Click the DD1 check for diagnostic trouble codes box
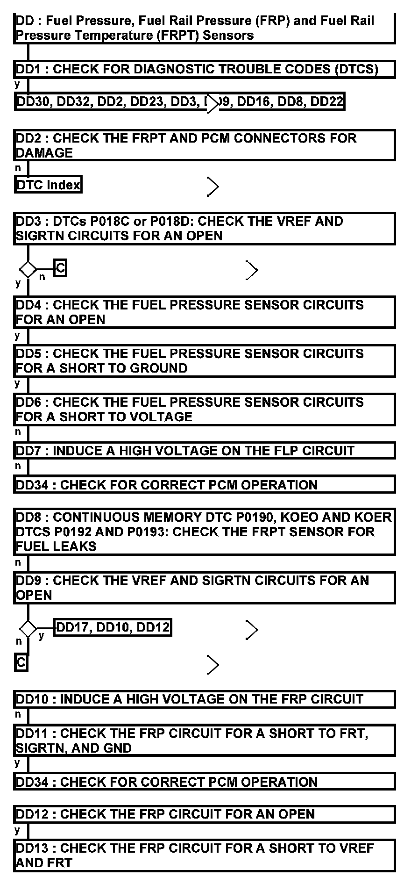click(204, 69)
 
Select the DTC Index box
click(48, 185)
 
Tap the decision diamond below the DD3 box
click(28, 269)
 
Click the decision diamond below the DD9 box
click(28, 628)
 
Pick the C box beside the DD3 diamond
click(60, 268)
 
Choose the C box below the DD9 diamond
click(21, 663)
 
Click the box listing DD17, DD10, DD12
click(113, 627)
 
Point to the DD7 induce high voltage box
click(204, 451)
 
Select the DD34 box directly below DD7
click(204, 484)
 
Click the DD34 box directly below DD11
click(204, 782)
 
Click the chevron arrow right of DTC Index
click(213, 187)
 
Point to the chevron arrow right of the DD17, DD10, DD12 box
click(252, 630)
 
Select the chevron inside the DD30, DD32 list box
click(213, 103)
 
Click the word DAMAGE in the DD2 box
click(44, 153)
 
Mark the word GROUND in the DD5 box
click(159, 368)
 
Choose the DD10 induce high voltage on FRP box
click(204, 699)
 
